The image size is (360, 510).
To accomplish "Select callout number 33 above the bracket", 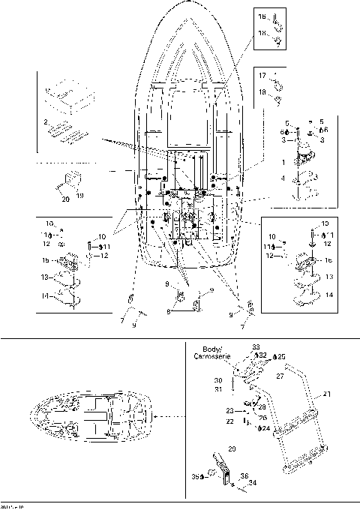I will pyautogui.click(x=255, y=347).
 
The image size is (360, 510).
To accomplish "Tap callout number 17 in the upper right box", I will pyautogui.click(x=263, y=75).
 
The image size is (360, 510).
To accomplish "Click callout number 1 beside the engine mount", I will pyautogui.click(x=283, y=162).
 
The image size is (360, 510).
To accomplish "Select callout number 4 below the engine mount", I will pyautogui.click(x=283, y=179).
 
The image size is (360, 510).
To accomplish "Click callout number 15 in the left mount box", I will pyautogui.click(x=44, y=260).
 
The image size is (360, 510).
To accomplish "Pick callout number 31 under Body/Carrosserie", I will pyautogui.click(x=217, y=388).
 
